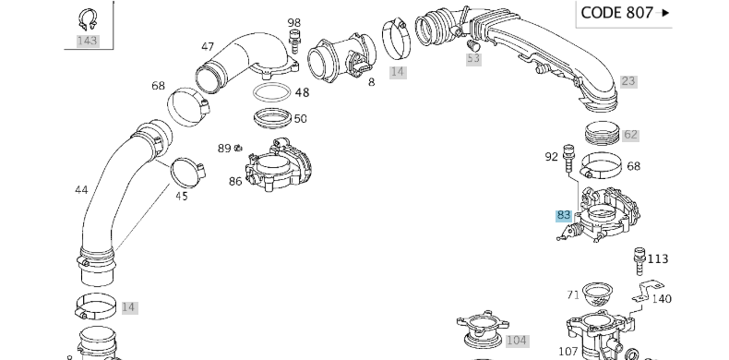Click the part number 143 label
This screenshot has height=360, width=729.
(88, 41)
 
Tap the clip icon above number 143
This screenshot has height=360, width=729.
(88, 20)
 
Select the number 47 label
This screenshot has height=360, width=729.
(208, 46)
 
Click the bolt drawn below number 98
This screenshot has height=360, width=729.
(293, 42)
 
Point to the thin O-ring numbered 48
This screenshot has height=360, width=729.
(272, 92)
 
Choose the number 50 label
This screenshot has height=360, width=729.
(300, 118)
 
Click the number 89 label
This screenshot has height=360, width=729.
(224, 148)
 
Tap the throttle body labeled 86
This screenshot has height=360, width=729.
(279, 165)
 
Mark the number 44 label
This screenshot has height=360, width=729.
(81, 190)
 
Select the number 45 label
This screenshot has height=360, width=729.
(182, 197)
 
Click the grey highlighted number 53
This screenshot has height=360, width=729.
(473, 58)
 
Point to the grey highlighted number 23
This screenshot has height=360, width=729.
(628, 81)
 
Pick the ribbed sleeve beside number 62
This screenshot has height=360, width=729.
(603, 133)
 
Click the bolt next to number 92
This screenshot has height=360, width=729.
(568, 158)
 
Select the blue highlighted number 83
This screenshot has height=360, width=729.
(564, 215)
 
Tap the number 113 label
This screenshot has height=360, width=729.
(657, 258)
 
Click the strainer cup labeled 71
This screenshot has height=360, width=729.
(597, 294)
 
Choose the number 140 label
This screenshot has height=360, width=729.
(662, 298)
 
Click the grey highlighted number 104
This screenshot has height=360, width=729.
(517, 341)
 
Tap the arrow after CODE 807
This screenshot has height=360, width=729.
(664, 13)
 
